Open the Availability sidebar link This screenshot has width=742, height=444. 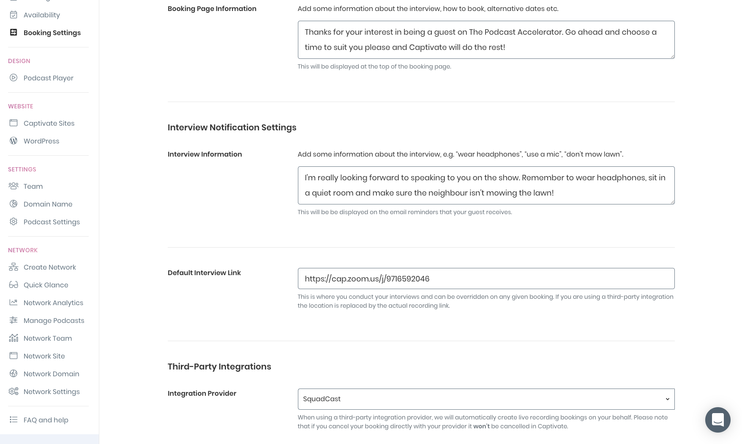point(41,15)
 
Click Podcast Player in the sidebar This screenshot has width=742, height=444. point(48,78)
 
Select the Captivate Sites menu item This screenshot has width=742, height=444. point(49,123)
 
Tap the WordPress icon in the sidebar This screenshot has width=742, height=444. point(14,141)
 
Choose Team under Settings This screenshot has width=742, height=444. point(33,186)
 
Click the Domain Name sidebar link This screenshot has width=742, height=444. point(48,204)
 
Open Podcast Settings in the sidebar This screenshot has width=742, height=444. point(52,222)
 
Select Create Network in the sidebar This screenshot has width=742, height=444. point(49,267)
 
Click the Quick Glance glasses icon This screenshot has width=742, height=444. point(14,285)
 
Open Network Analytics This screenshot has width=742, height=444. point(53,303)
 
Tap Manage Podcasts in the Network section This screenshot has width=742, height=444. point(54,320)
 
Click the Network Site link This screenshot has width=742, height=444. point(44,356)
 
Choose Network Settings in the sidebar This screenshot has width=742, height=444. point(52,392)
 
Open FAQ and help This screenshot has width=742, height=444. point(46,420)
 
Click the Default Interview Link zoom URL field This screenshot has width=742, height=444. point(486,279)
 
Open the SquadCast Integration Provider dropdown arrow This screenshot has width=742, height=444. point(667,399)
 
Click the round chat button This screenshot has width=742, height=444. point(717,420)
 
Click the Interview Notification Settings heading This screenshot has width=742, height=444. point(232,127)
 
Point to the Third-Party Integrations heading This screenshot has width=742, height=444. point(219,367)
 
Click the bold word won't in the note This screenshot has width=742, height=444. point(481,426)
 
